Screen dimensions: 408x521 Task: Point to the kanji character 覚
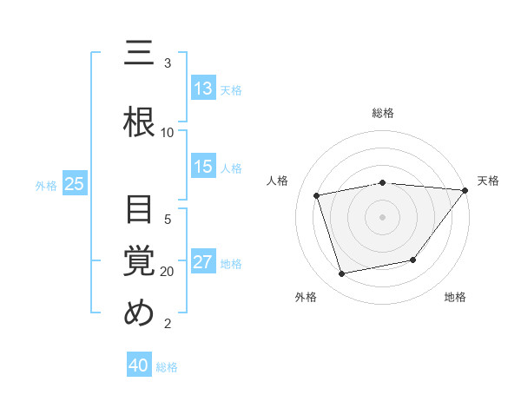pos(140,261)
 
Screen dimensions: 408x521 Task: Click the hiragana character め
pos(140,313)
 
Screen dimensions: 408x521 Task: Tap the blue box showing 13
pos(202,89)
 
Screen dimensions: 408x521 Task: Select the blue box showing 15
pos(202,168)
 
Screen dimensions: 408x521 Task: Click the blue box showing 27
pos(202,263)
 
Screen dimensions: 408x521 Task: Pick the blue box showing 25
pos(74,184)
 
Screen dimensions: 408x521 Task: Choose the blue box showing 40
pos(139,366)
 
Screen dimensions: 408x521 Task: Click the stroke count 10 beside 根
pos(168,132)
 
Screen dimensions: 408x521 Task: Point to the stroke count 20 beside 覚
pos(168,272)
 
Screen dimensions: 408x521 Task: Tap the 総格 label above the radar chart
pos(383,113)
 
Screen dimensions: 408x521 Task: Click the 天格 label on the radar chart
pos(488,181)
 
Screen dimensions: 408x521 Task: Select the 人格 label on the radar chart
pos(278,181)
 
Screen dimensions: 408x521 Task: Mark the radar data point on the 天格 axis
pos(465,190)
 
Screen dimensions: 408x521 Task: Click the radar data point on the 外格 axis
pos(342,274)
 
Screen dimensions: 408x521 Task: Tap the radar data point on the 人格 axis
pos(317,195)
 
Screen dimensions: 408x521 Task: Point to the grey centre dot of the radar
pos(383,216)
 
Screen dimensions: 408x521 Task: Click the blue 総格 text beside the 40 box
pos(167,367)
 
